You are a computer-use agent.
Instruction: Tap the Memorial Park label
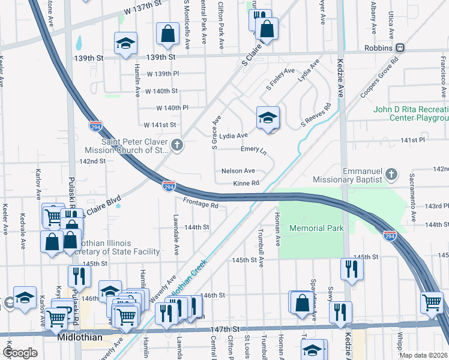[x=316, y=228]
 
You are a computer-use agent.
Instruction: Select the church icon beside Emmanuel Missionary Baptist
[x=391, y=175]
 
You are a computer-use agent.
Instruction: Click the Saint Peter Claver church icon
[x=176, y=145]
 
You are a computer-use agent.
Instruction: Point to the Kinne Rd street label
[x=246, y=183]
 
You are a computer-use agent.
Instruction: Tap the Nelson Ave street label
[x=238, y=171]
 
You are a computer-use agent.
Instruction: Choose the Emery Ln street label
[x=253, y=148]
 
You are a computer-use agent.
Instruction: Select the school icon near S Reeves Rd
[x=268, y=117]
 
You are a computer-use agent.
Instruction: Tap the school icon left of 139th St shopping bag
[x=126, y=43]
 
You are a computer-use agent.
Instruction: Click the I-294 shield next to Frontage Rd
[x=169, y=187]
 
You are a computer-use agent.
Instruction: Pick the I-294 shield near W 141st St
[x=95, y=127]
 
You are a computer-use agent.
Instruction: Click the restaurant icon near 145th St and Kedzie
[x=351, y=269]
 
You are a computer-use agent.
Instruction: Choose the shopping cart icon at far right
[x=432, y=303]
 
